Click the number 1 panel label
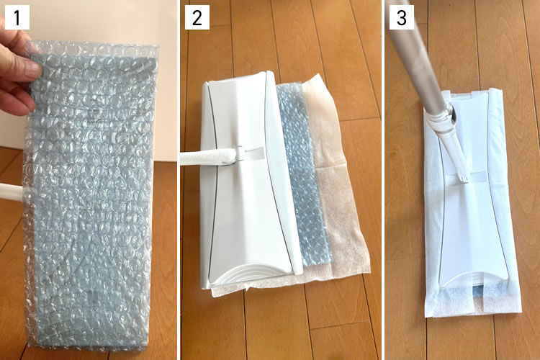(17, 17)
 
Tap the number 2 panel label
(197, 17)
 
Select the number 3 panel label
(402, 17)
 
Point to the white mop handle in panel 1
(13, 192)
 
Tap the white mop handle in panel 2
(207, 157)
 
